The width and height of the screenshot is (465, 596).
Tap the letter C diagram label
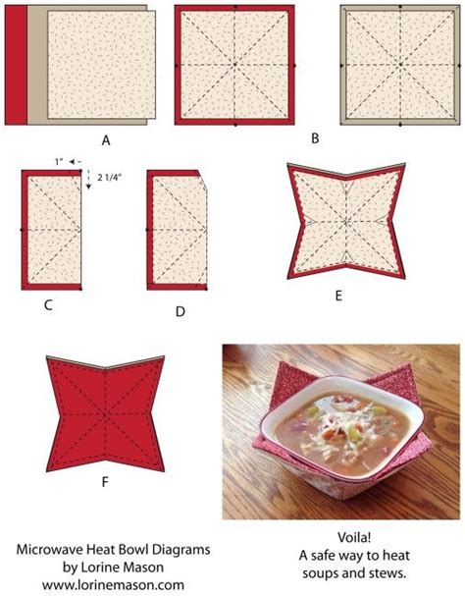[47, 305]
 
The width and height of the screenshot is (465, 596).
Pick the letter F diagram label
[105, 455]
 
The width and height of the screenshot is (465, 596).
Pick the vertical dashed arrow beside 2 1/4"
[89, 179]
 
